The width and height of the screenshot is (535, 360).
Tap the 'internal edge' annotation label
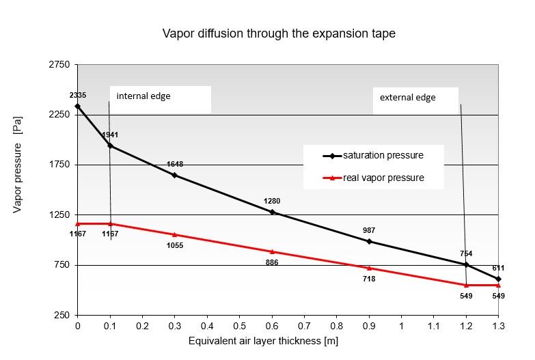pos(143,96)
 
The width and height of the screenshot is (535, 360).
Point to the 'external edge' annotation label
pos(407,98)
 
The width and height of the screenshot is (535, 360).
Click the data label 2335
pos(77,95)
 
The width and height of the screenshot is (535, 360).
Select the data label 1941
pos(110,135)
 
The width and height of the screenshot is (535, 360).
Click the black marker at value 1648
pos(175,175)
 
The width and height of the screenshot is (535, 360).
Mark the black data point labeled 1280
pos(272,212)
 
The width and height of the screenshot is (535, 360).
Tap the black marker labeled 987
pos(369,241)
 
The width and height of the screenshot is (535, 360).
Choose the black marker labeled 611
pos(498,279)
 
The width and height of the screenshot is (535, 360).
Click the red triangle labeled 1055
pos(175,234)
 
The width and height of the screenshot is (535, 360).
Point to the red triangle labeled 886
pos(272,251)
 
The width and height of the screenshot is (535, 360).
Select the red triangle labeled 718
pos(369,268)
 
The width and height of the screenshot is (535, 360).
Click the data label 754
pos(466,253)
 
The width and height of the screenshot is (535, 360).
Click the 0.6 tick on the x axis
pos(272,326)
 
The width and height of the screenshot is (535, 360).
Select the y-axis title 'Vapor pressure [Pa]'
pos(18,174)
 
